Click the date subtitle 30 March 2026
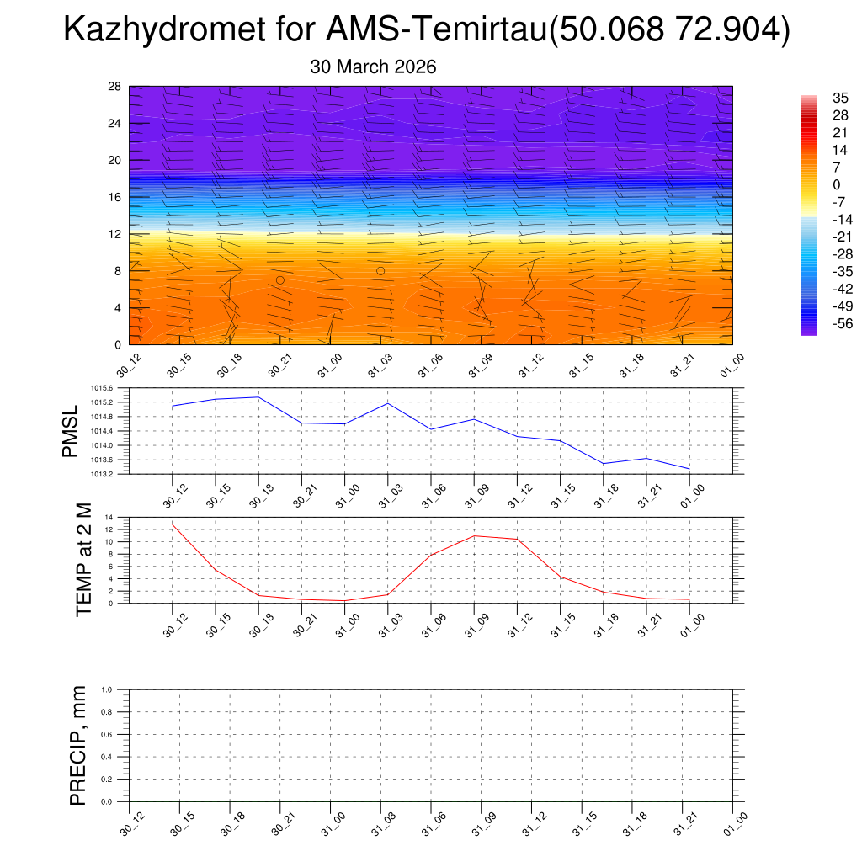[x=373, y=67]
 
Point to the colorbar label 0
[x=836, y=184]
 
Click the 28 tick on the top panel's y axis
[x=115, y=87]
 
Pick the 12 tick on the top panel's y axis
[x=115, y=234]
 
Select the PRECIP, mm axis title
[x=77, y=745]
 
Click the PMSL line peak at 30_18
[x=258, y=396]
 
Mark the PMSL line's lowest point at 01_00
[x=689, y=469]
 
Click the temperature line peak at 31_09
[x=474, y=535]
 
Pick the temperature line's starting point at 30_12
[x=173, y=524]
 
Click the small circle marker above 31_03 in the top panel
[x=380, y=271]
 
